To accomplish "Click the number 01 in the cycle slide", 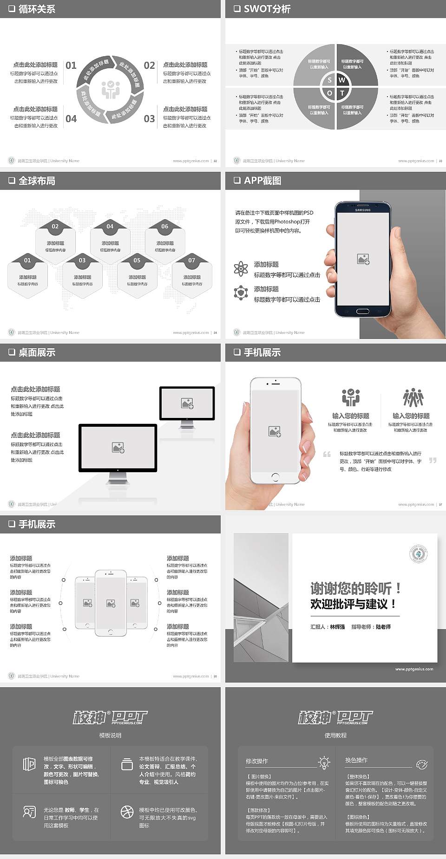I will coord(71,65).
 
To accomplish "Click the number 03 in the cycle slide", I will coord(149,119).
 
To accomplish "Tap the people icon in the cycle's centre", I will coord(111,90).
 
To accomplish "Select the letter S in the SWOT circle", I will coord(329,80).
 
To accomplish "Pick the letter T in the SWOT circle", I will coord(342,93).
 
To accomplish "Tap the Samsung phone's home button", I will coord(363,311).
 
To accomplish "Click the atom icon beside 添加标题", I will coord(241,269).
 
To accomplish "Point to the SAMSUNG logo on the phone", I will coord(363,210).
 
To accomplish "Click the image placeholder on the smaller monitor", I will coord(187,403).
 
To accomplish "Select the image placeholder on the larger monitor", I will coord(118,447).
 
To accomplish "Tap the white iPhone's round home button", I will coord(275,476).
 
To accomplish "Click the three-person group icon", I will coord(413,398).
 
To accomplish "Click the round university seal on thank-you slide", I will coord(419,554).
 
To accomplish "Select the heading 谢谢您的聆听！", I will coord(355,589).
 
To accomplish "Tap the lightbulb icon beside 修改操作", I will coord(324,762).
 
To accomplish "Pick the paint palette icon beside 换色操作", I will coord(422,764).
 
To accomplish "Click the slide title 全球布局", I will coord(37,181).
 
